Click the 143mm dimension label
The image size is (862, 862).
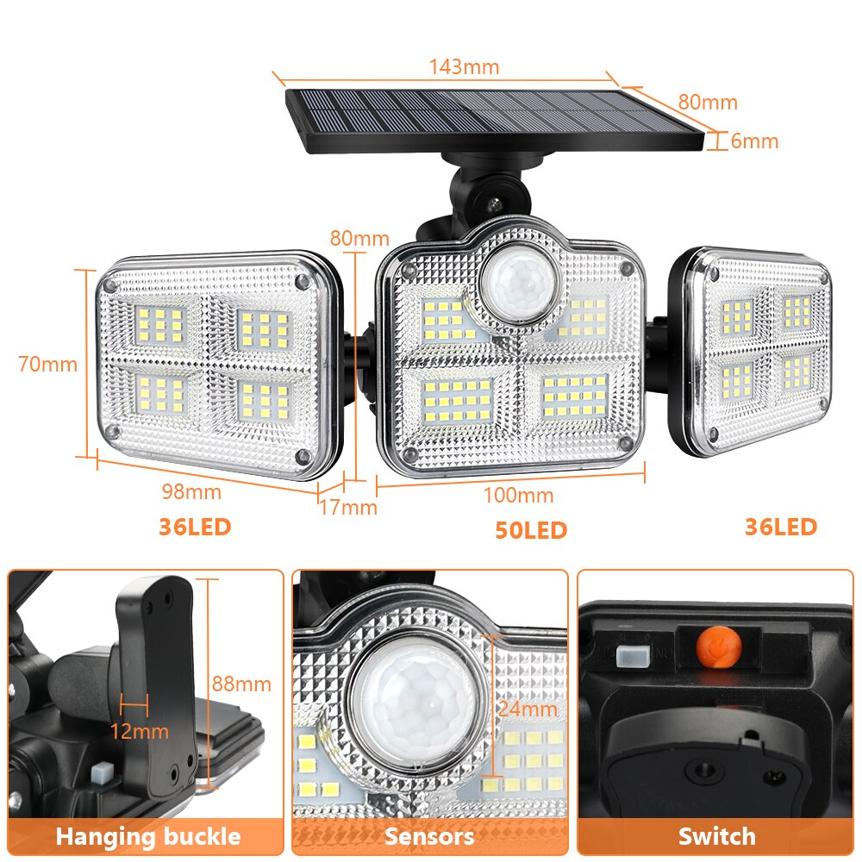[x=464, y=67]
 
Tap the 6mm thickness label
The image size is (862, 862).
[x=754, y=141]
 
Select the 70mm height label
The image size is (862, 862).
[x=47, y=364]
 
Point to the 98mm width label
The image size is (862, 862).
[x=191, y=491]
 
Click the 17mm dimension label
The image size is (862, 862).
[x=348, y=507]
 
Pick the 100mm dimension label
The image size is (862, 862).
[x=518, y=496]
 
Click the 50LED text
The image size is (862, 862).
[x=531, y=530]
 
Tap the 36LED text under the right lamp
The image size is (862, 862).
[x=781, y=527]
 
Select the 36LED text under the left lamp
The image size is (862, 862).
[x=195, y=527]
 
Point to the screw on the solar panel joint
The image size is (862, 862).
[x=495, y=203]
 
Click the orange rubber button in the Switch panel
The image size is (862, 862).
[x=719, y=647]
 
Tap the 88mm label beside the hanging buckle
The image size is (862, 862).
[x=241, y=684]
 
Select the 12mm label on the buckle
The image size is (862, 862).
[x=139, y=731]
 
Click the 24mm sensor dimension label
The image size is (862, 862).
[x=528, y=709]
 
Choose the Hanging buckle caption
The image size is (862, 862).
[x=148, y=836]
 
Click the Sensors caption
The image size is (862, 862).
[x=429, y=836]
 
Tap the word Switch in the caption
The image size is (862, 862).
[x=717, y=836]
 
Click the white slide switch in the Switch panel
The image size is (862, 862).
[x=633, y=656]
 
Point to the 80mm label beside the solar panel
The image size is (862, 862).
[x=708, y=103]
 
